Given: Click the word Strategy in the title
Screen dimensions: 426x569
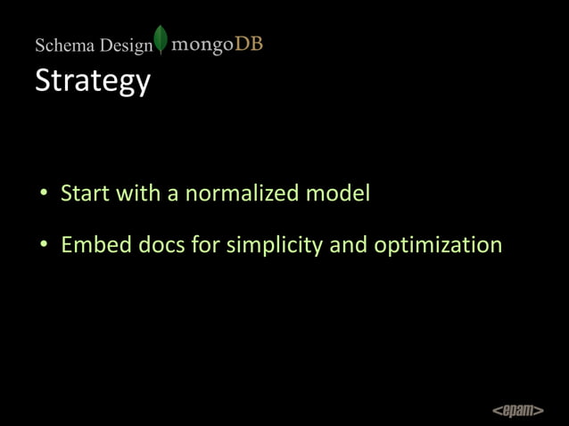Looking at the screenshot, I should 92,81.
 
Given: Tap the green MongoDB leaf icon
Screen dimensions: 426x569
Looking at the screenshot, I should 161,40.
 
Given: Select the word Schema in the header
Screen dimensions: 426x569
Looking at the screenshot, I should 64,45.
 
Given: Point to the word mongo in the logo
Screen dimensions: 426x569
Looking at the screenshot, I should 202,44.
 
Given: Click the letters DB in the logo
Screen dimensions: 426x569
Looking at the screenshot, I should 249,43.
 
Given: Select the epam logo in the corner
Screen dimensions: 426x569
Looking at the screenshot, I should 517,410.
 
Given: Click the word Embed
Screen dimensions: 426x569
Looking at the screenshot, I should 90,244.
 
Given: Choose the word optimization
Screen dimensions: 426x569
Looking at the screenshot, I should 438,245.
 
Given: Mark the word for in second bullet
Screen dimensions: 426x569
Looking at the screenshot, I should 204,244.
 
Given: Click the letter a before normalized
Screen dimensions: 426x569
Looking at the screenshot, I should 173,194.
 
